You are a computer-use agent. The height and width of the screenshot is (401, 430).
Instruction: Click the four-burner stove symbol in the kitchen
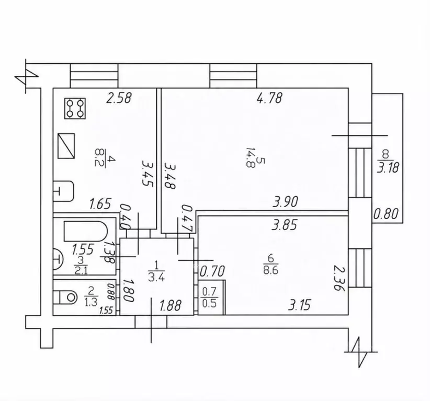coord(75,108)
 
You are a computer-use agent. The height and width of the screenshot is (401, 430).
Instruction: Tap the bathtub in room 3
coord(85,231)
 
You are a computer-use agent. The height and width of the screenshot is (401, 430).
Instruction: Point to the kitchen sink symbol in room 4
coord(63,191)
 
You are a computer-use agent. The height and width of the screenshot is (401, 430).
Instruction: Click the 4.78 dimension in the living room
coord(269,98)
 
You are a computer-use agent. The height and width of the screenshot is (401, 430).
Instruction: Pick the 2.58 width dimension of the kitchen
coord(119,98)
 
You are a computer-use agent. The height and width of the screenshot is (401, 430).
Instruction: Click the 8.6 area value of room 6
coord(270,271)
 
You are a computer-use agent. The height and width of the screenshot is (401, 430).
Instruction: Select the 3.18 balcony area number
coord(388,167)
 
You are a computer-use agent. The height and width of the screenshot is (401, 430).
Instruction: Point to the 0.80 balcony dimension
coord(386,213)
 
